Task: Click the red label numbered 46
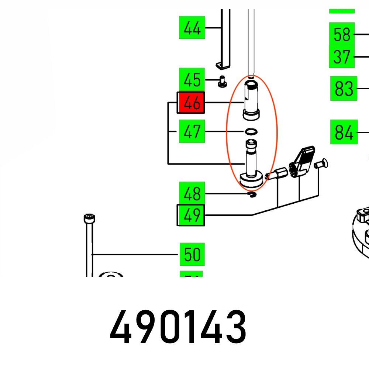point(191,103)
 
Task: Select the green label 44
point(192,27)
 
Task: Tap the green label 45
point(192,80)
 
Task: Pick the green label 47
point(192,131)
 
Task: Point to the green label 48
point(192,194)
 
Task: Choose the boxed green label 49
point(191,215)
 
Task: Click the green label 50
point(192,254)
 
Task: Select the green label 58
point(342,34)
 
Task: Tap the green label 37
point(342,56)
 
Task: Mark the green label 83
point(344,89)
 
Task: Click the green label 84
point(344,132)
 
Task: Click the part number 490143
point(178,327)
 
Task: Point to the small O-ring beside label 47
point(251,131)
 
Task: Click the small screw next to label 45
point(223,81)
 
